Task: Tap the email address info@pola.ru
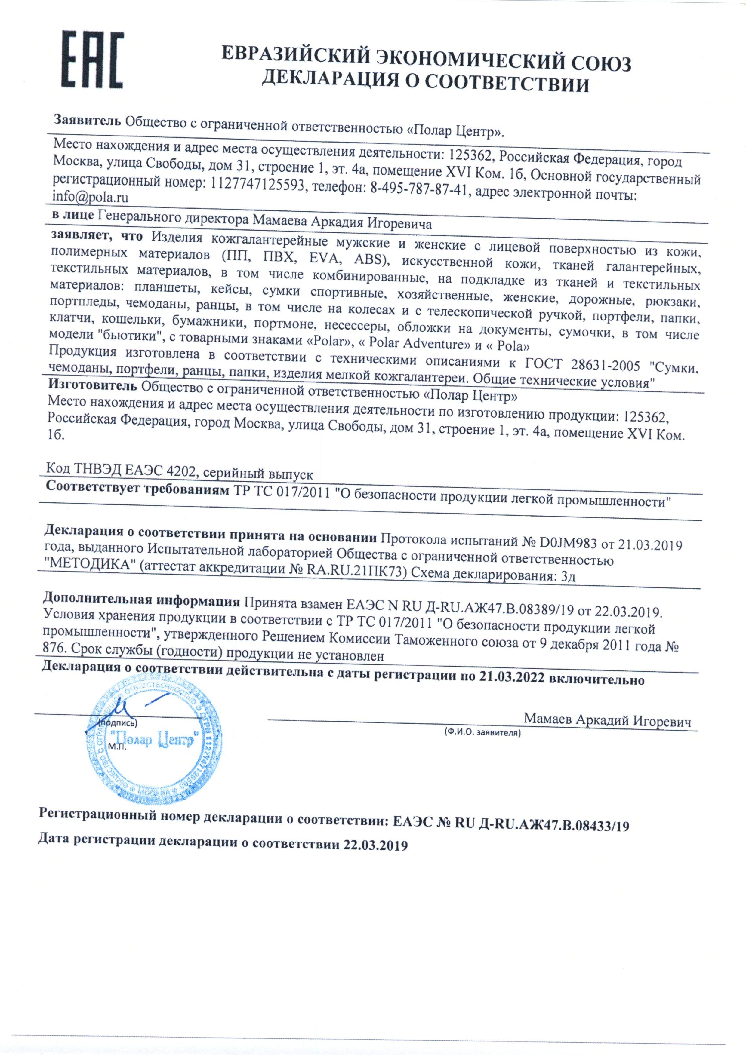point(91,198)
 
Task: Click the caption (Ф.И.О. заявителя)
point(482,732)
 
